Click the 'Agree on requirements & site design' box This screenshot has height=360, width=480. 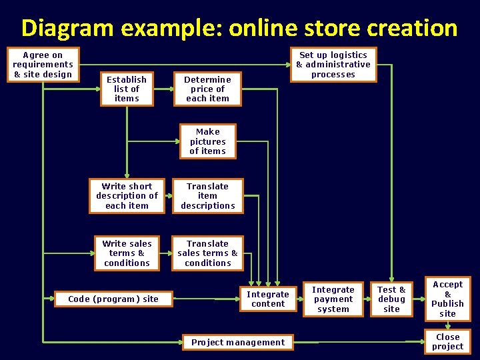click(x=43, y=64)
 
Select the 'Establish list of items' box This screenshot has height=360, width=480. click(x=127, y=89)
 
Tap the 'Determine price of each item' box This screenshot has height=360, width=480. click(x=207, y=89)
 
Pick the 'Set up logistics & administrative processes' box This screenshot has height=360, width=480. click(x=333, y=65)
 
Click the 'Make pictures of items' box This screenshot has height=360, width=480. click(x=207, y=141)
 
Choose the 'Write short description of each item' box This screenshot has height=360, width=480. click(x=127, y=196)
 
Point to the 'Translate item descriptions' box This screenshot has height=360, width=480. click(x=207, y=196)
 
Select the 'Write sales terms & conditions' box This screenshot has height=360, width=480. click(x=127, y=253)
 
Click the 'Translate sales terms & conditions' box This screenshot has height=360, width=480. click(x=207, y=253)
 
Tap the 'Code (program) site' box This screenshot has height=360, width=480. click(x=113, y=299)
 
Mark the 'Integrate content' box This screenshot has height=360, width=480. click(x=268, y=299)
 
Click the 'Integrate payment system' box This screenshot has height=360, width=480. click(x=333, y=299)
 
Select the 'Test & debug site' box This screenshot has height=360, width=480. click(x=391, y=299)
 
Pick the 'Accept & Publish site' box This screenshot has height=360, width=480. click(x=447, y=299)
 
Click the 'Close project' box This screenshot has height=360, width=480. click(x=447, y=342)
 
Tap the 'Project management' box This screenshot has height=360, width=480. click(x=238, y=343)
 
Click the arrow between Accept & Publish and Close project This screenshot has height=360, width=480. click(x=448, y=325)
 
